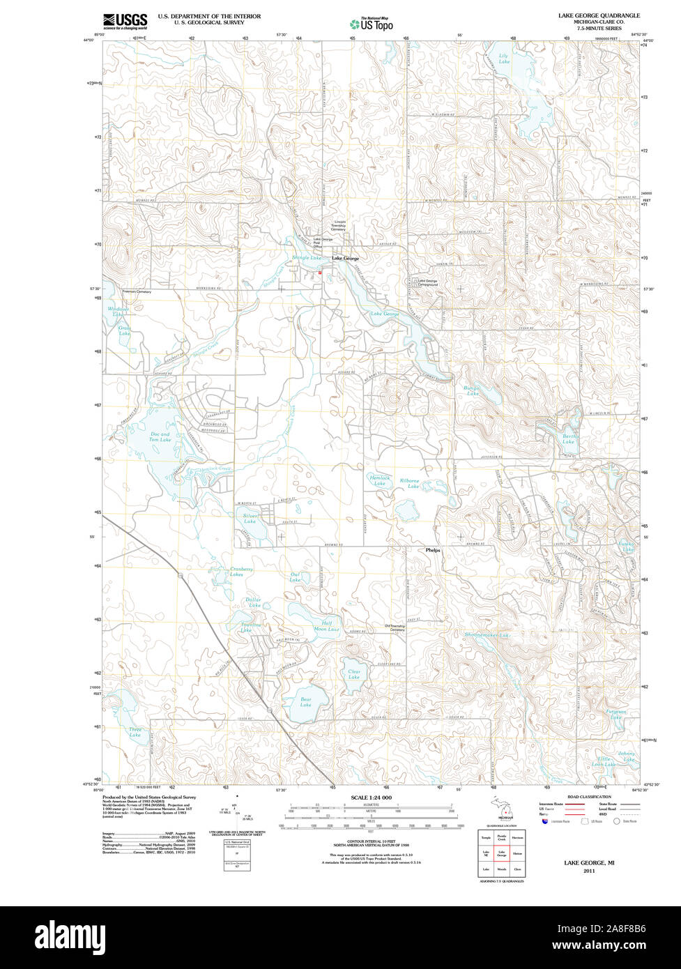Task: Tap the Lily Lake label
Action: [x=503, y=59]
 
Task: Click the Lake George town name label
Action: [x=345, y=259]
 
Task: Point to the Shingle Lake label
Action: [x=306, y=258]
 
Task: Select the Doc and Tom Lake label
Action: [x=160, y=437]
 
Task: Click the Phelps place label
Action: [x=433, y=550]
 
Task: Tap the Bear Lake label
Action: [x=305, y=702]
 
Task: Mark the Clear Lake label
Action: [x=354, y=675]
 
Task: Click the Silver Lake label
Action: [x=251, y=519]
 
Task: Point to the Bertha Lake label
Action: [x=569, y=438]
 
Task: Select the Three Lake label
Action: [x=135, y=733]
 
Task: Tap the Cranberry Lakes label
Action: [x=241, y=572]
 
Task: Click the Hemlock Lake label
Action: [x=379, y=480]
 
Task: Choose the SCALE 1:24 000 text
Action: [x=372, y=798]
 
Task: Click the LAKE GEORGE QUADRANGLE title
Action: [x=599, y=15]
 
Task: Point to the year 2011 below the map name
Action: [x=590, y=871]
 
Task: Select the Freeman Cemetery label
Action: [x=137, y=291]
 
